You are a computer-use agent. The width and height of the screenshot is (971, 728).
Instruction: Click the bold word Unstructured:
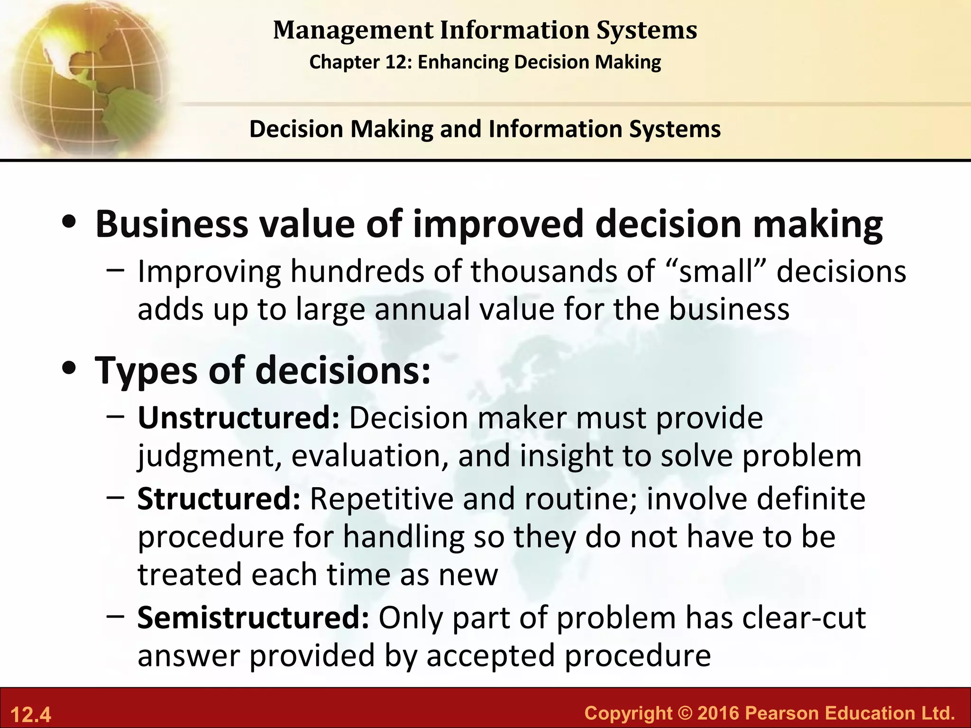tap(238, 418)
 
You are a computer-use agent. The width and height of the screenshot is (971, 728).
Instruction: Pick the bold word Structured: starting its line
tap(219, 499)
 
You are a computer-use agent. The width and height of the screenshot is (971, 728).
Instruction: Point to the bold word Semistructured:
tap(253, 618)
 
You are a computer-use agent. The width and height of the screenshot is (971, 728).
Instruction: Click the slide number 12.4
tap(30, 714)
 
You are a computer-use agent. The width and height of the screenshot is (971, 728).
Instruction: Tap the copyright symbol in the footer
tap(685, 713)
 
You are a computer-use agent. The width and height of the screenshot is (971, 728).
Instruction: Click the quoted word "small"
tap(716, 271)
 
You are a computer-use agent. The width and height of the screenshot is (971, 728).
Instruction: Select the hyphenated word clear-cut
tap(804, 618)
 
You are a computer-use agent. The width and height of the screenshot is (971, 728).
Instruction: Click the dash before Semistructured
tap(116, 616)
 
